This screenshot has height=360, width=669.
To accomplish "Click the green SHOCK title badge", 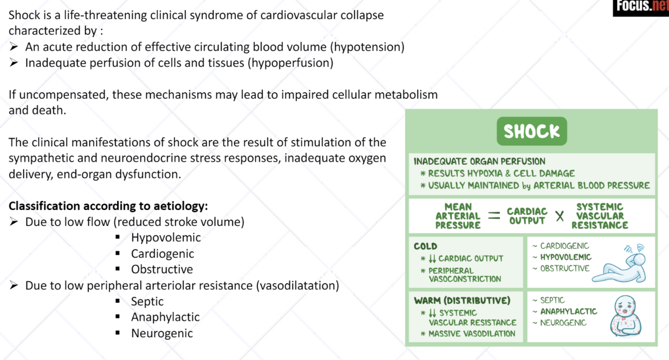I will [x=532, y=131].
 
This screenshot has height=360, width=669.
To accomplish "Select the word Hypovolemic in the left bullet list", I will [x=165, y=238].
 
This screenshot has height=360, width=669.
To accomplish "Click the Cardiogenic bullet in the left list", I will [x=162, y=254].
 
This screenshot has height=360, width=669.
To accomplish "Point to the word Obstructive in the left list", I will [x=162, y=269].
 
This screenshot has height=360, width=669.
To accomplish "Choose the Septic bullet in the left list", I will [x=147, y=301].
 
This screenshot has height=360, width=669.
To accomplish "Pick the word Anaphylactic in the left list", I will [x=165, y=317].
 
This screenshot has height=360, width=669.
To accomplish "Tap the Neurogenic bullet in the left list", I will [x=162, y=333].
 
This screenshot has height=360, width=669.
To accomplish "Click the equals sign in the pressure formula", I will [x=494, y=216].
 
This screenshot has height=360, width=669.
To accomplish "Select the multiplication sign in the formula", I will [x=559, y=216].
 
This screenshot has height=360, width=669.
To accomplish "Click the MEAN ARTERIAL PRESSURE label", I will [x=457, y=216].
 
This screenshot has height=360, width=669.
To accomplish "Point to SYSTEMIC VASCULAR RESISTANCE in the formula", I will [x=600, y=216].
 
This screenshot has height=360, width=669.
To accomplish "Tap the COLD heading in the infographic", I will [x=425, y=246].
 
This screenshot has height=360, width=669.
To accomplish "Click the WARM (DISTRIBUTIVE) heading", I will [x=462, y=300].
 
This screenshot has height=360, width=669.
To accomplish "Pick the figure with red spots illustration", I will [x=626, y=316].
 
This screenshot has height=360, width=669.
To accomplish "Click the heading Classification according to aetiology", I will [x=108, y=206].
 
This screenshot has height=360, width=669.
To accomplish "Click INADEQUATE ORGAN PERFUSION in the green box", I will [x=479, y=161].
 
